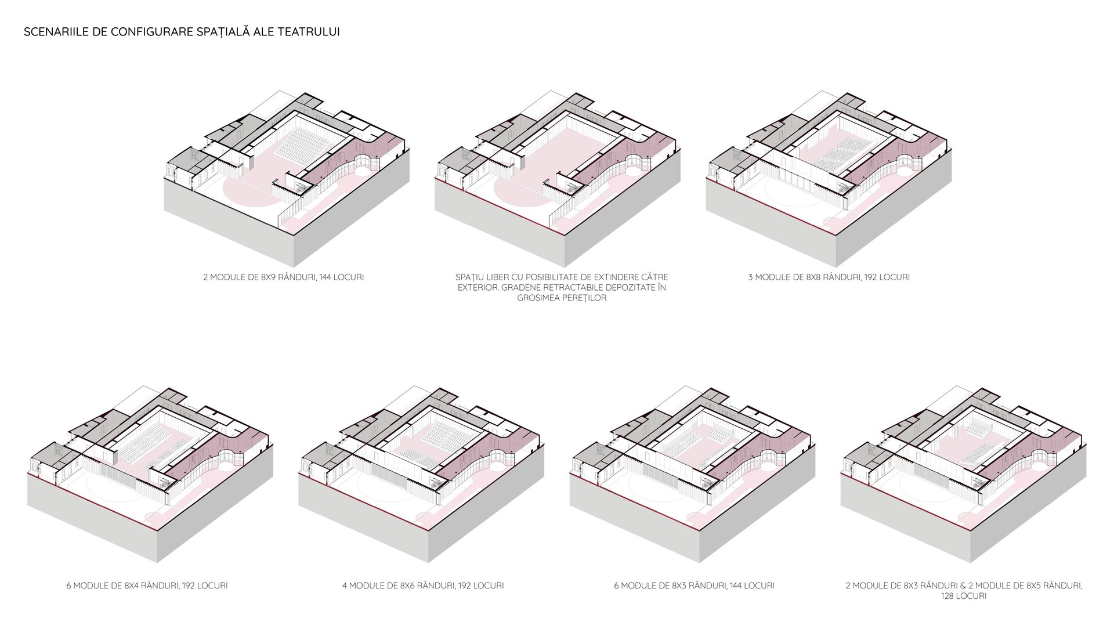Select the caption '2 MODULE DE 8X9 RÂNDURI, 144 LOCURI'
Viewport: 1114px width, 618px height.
click(x=283, y=277)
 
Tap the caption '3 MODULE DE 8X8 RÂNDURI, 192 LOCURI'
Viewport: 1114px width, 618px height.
click(x=829, y=277)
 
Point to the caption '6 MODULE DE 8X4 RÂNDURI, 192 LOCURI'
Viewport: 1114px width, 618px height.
click(x=147, y=586)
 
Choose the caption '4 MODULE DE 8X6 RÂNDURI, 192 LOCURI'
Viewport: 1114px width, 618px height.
click(x=422, y=586)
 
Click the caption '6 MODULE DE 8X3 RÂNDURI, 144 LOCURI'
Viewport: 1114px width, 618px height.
click(x=694, y=586)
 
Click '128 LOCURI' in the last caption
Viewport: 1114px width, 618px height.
click(x=963, y=596)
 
